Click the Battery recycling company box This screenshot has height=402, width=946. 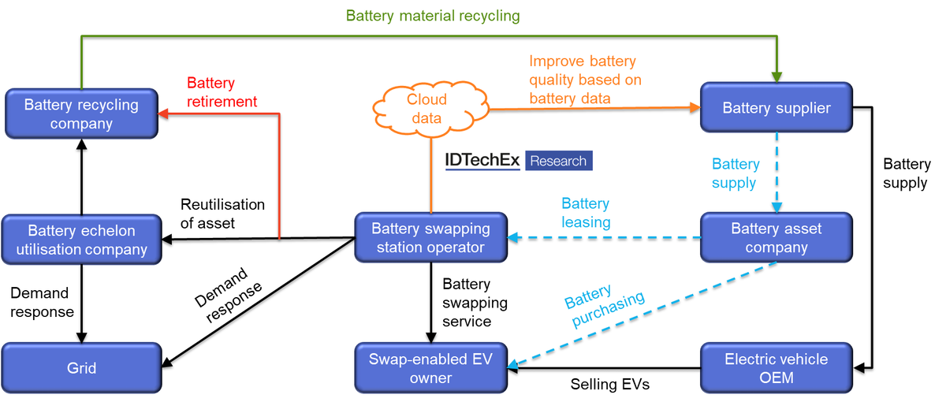[x=81, y=114]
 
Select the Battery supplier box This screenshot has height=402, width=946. [x=777, y=108]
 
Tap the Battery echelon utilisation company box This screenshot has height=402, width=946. [x=81, y=240]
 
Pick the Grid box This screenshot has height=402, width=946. [x=81, y=368]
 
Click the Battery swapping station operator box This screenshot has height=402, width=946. [x=430, y=238]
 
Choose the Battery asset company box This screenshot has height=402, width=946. [x=777, y=238]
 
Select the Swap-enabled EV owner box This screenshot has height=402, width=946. [x=430, y=368]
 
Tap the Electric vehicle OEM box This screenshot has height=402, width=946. [x=777, y=368]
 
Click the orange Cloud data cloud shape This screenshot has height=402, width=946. [x=426, y=110]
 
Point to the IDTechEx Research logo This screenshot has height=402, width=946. [x=518, y=161]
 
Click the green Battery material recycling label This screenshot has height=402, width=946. [x=433, y=16]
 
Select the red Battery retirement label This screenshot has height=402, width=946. [x=222, y=92]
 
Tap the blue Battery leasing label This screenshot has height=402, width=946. [x=586, y=213]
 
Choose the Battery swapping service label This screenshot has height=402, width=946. [x=475, y=303]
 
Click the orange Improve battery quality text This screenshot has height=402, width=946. [x=585, y=80]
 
